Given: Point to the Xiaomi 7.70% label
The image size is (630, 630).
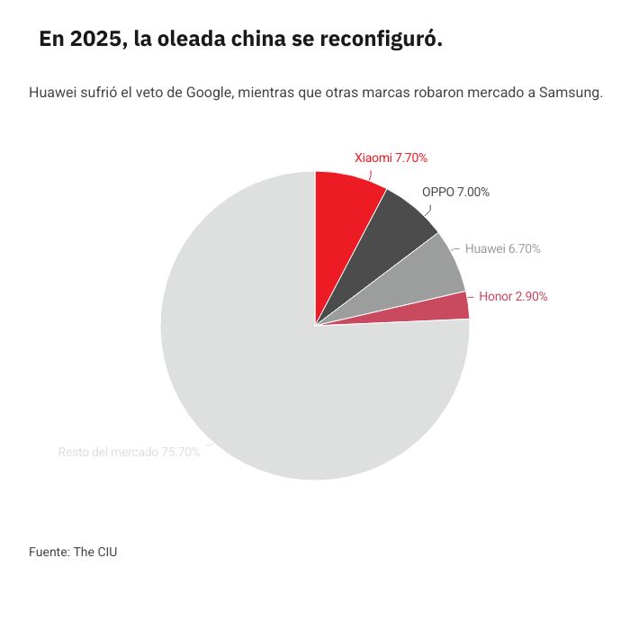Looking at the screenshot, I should (391, 157).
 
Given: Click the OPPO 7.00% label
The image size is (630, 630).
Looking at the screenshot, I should (455, 192).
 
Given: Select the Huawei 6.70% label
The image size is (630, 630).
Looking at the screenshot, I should (502, 248).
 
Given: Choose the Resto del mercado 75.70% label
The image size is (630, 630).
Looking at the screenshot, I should (129, 452).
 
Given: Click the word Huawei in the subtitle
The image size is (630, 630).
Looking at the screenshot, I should (52, 93).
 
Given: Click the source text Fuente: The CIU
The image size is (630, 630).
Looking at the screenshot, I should (73, 552).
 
